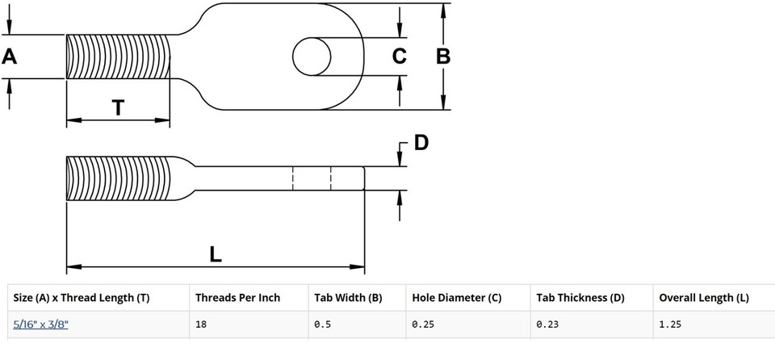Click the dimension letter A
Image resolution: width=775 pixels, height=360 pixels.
pyautogui.click(x=10, y=57)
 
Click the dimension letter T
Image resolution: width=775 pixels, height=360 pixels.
pyautogui.click(x=118, y=107)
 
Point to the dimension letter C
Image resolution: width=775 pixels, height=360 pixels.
pyautogui.click(x=399, y=57)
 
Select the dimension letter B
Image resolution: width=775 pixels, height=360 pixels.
pyautogui.click(x=443, y=57)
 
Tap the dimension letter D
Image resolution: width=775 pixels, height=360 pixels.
pyautogui.click(x=421, y=144)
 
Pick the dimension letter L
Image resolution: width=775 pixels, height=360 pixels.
pyautogui.click(x=215, y=253)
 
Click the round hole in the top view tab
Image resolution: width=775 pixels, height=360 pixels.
pyautogui.click(x=312, y=57)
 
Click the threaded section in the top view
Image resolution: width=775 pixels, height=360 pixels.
pyautogui.click(x=118, y=57)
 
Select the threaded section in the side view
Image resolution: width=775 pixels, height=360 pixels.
pyautogui.click(x=118, y=178)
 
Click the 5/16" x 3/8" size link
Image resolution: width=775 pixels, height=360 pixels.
pyautogui.click(x=41, y=324)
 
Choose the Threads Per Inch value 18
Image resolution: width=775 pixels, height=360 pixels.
pyautogui.click(x=202, y=324)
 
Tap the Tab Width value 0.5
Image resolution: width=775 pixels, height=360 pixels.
pyautogui.click(x=322, y=324)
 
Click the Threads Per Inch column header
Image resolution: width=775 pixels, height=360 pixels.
pyautogui.click(x=237, y=298)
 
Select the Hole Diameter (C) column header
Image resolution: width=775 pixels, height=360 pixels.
pyautogui.click(x=456, y=298)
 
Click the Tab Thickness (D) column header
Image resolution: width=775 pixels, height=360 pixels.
pyautogui.click(x=580, y=298)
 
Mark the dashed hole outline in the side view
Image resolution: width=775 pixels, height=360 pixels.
pyautogui.click(x=312, y=178)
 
